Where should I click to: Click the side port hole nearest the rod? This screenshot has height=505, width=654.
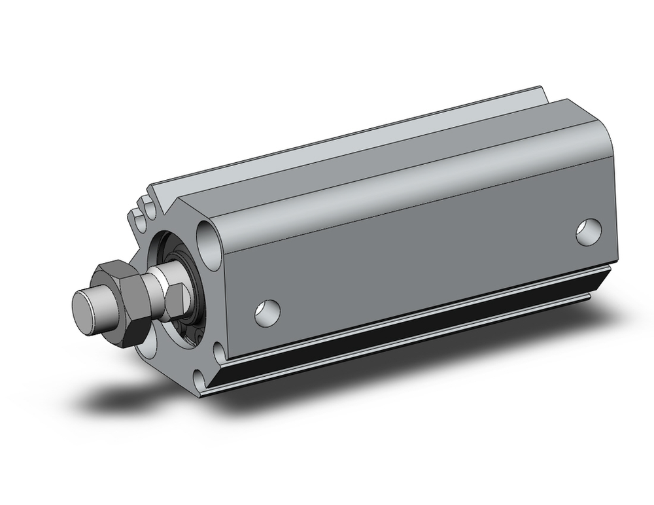point(267,312)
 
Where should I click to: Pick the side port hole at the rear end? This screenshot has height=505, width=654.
point(589,233)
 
